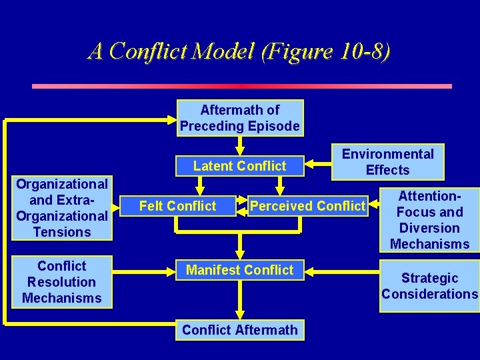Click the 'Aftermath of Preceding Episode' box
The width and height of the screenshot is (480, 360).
tap(240, 118)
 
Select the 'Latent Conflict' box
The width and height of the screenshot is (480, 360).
tap(239, 166)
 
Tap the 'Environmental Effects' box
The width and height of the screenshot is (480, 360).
tap(387, 162)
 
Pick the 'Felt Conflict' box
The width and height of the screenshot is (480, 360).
tap(177, 206)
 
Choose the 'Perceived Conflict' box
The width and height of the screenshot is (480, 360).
tap(307, 206)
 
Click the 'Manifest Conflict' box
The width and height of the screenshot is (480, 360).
tap(239, 270)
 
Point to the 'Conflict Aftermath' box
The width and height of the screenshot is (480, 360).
tap(239, 330)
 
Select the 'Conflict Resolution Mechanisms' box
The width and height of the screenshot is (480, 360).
tap(62, 282)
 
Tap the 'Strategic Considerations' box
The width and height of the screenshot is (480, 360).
tap(429, 286)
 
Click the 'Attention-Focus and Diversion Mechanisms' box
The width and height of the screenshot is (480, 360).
tap(429, 220)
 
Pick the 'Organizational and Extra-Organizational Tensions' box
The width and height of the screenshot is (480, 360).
tap(62, 207)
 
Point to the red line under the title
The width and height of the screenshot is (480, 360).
tap(242, 86)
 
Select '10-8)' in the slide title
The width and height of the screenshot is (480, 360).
tap(363, 51)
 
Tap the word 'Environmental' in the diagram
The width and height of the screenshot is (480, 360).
tap(387, 154)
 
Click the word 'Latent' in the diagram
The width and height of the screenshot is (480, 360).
tap(213, 166)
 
